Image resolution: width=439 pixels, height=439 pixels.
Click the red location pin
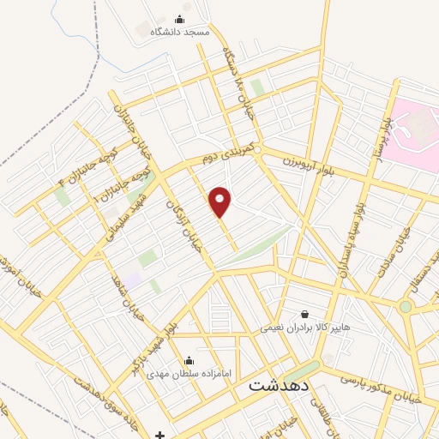[x=220, y=201]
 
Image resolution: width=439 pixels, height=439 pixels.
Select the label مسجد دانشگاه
[x=180, y=32]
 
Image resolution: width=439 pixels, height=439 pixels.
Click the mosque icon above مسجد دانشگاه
[x=179, y=19]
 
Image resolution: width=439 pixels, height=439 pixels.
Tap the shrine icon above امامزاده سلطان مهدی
[x=189, y=360]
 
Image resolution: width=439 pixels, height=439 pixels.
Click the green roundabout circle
[x=405, y=306]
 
